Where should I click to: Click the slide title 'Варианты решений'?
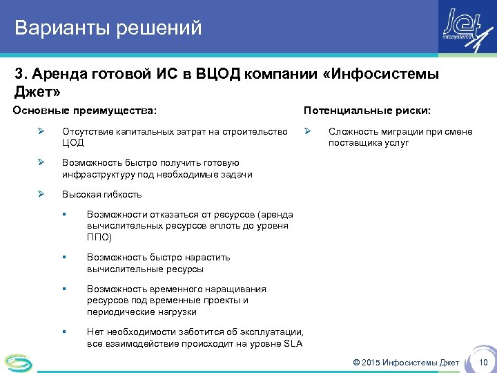click(108, 28)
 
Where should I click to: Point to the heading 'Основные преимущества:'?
click(84, 111)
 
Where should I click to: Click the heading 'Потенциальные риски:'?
click(367, 111)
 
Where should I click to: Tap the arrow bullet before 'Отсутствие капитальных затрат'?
click(41, 131)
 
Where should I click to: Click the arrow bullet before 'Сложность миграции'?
click(309, 131)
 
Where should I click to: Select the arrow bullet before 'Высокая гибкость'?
click(41, 195)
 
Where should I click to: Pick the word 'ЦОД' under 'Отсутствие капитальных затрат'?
click(72, 143)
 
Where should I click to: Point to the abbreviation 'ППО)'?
click(99, 237)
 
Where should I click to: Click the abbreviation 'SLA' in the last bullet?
click(293, 344)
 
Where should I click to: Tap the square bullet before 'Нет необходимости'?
click(64, 332)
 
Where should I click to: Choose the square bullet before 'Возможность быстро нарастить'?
click(64, 258)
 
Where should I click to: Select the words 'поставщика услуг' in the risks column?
click(369, 143)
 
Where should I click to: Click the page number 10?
click(483, 363)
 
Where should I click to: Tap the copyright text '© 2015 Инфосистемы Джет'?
click(405, 363)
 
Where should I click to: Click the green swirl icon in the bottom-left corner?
click(18, 361)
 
